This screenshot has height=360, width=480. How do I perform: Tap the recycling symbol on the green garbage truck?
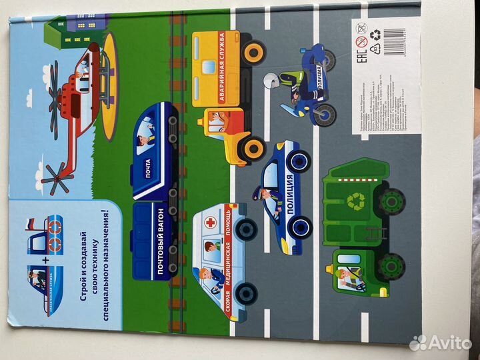click(358, 199)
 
